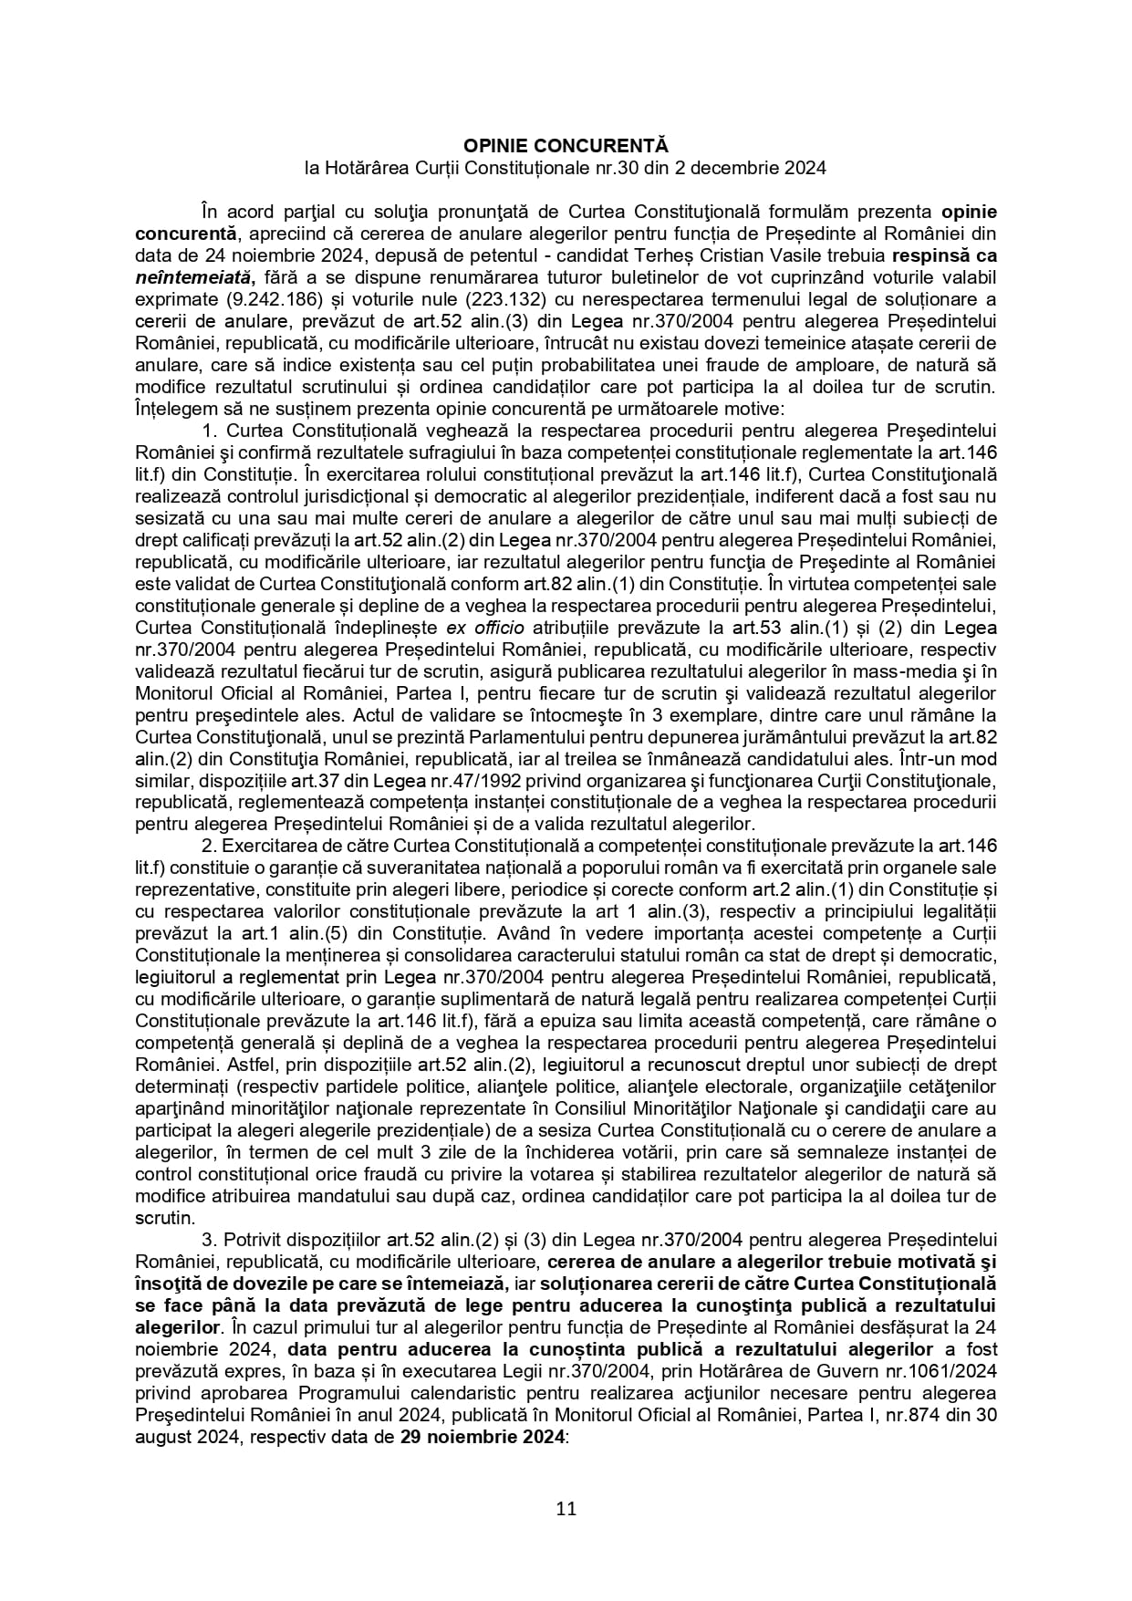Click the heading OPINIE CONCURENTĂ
click(x=566, y=146)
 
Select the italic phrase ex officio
click(x=484, y=628)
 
